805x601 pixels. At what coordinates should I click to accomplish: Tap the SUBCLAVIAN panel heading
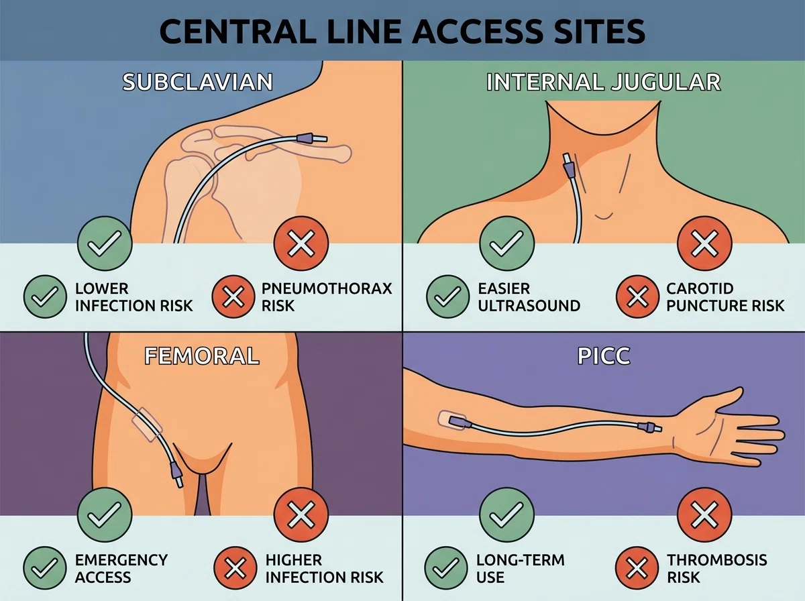coord(198,82)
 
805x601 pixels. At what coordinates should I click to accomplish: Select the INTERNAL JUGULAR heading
coord(603,82)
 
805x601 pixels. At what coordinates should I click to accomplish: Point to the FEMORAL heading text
coord(202,356)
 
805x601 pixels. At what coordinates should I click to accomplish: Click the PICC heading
coord(604,356)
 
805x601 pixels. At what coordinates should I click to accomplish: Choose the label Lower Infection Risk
coord(134,297)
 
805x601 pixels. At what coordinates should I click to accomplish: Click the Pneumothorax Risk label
coord(327,297)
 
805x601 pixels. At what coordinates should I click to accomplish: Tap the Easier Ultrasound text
coord(529,297)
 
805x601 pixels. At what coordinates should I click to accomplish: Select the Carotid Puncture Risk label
coord(725,297)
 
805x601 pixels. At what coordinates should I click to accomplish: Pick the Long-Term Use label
coord(521,568)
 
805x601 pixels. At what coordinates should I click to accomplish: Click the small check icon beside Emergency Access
coord(45,568)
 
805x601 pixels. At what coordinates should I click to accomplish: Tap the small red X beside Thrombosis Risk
coord(637,568)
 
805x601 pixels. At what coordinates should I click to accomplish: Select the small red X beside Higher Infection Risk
coord(235,568)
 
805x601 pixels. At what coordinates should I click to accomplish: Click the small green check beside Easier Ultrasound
coord(448,296)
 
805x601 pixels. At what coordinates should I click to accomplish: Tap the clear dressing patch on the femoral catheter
coord(147,425)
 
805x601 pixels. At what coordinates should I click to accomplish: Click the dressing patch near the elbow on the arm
coord(453,421)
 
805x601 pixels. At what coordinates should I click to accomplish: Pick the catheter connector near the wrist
coord(649,427)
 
